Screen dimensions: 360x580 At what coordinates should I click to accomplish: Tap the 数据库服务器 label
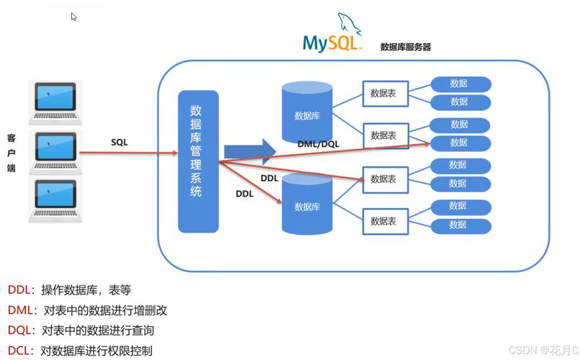click(406, 47)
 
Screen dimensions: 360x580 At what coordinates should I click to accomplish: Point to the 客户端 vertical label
click(11, 153)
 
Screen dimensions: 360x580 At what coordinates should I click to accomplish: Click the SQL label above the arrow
click(119, 143)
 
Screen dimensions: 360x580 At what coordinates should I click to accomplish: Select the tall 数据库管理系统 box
click(197, 161)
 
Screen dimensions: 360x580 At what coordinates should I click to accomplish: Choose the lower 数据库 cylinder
click(307, 206)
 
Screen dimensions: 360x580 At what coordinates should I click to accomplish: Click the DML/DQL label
click(318, 144)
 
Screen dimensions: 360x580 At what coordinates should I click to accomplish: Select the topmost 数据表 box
click(384, 94)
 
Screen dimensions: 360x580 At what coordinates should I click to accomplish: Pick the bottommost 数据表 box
click(384, 222)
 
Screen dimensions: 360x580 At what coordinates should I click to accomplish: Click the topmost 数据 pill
click(460, 84)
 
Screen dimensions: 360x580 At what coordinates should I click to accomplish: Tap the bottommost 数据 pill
click(460, 225)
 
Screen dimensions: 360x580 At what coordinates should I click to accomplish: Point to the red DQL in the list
click(20, 331)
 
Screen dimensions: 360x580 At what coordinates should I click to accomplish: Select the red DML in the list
click(20, 311)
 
